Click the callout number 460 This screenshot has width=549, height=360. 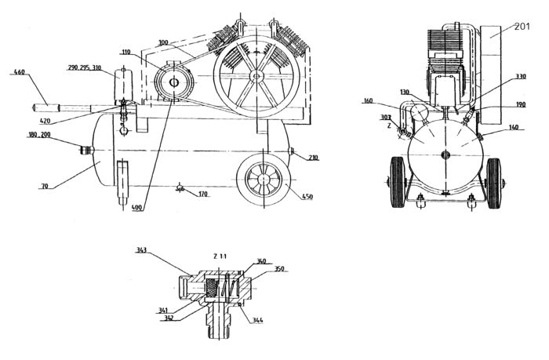(20, 73)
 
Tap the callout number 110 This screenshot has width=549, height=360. (126, 52)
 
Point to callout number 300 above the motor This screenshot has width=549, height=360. (164, 42)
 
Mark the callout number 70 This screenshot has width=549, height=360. (44, 186)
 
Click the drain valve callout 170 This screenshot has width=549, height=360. (204, 194)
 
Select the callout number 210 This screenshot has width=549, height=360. (312, 158)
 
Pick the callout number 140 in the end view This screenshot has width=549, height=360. (513, 127)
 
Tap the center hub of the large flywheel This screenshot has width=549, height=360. (256, 76)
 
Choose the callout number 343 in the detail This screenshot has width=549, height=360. (142, 250)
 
